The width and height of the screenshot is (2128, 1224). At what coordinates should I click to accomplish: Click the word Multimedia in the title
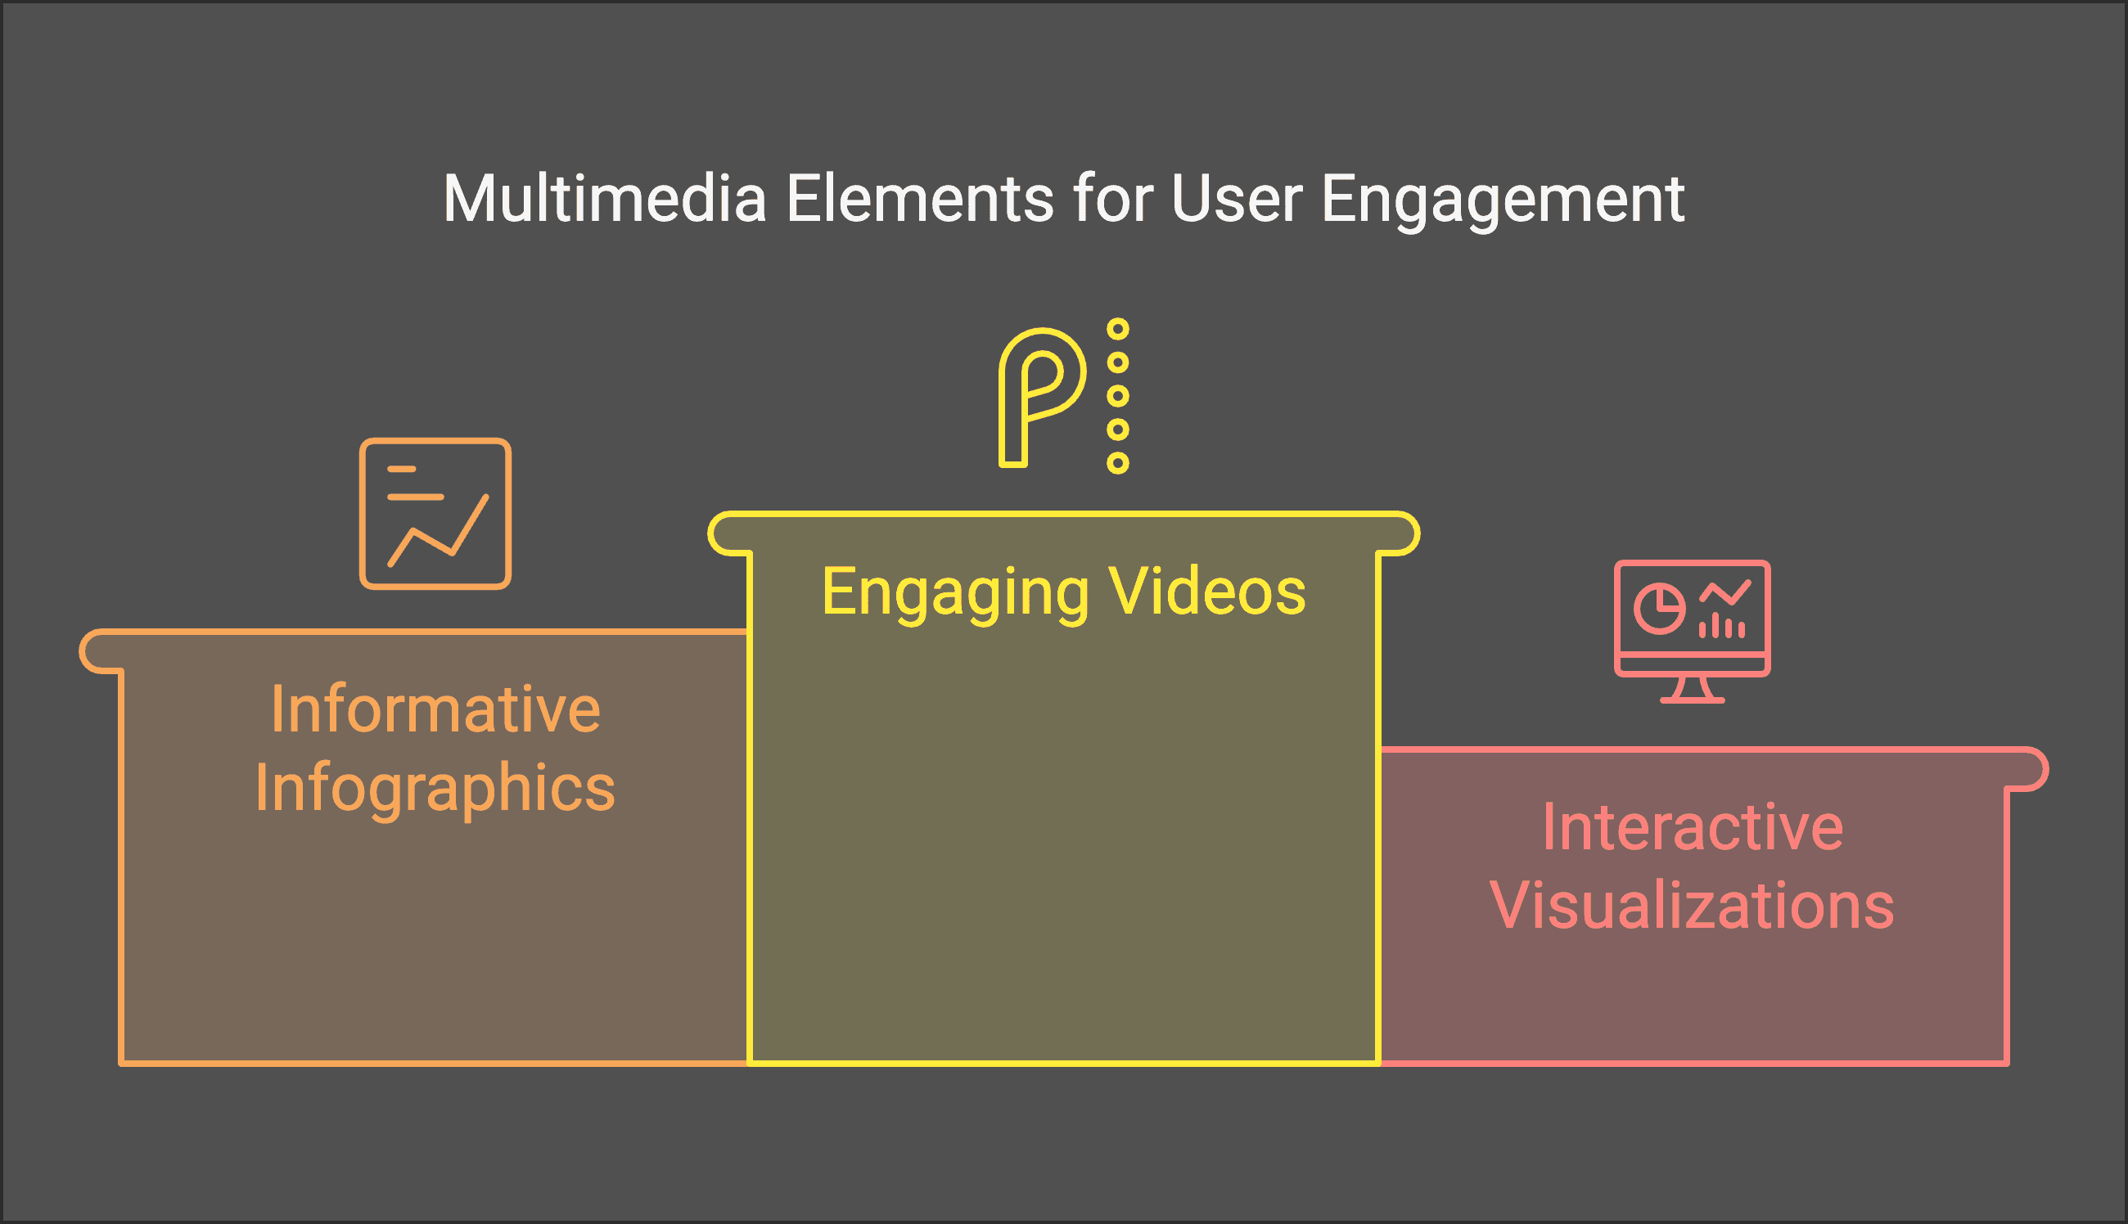(x=605, y=200)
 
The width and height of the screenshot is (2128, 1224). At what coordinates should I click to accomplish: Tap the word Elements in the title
(x=920, y=200)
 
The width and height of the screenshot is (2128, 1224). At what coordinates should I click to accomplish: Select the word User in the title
(x=1236, y=200)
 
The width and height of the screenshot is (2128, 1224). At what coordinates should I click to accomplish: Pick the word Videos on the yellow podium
(x=1207, y=591)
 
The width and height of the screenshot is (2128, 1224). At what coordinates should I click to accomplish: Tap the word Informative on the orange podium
(x=435, y=709)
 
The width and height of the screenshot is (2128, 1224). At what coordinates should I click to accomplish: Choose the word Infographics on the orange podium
(x=435, y=790)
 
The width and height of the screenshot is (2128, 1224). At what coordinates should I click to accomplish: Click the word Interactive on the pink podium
(x=1693, y=827)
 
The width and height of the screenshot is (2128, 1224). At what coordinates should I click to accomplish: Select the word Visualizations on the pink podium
(x=1693, y=906)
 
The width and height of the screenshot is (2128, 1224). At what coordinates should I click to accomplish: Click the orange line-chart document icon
(x=435, y=514)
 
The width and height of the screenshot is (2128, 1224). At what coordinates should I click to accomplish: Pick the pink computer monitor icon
(x=1693, y=631)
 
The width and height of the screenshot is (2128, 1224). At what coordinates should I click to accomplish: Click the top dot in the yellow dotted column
(x=1117, y=329)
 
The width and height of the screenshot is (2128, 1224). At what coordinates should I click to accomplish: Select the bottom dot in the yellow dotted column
(x=1117, y=462)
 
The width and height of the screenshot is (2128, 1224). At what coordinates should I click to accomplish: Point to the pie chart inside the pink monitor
(x=1659, y=609)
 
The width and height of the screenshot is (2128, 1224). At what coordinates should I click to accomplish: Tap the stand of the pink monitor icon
(x=1693, y=690)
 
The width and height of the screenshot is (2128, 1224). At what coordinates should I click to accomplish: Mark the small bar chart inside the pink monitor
(x=1722, y=626)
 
